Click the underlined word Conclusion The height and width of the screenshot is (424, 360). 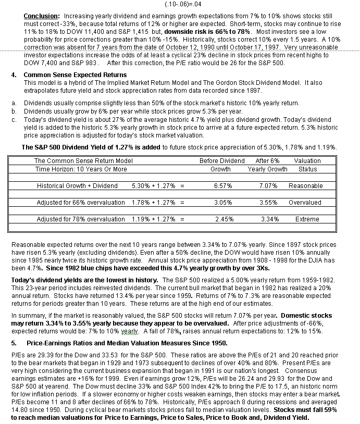click(41, 16)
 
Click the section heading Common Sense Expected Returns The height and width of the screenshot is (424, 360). click(75, 75)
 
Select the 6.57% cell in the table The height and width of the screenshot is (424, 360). click(220, 186)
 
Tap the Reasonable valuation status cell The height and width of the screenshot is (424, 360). click(306, 186)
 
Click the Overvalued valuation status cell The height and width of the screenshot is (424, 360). click(306, 203)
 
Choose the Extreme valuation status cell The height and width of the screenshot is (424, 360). click(306, 219)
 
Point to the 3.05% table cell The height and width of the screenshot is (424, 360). click(220, 203)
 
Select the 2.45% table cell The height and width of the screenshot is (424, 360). click(220, 219)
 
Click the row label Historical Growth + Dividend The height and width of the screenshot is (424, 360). click(77, 186)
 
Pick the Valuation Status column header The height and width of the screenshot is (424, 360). click(307, 165)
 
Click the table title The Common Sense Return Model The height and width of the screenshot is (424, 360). click(83, 161)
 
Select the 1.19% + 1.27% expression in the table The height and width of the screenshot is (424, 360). click(155, 219)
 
